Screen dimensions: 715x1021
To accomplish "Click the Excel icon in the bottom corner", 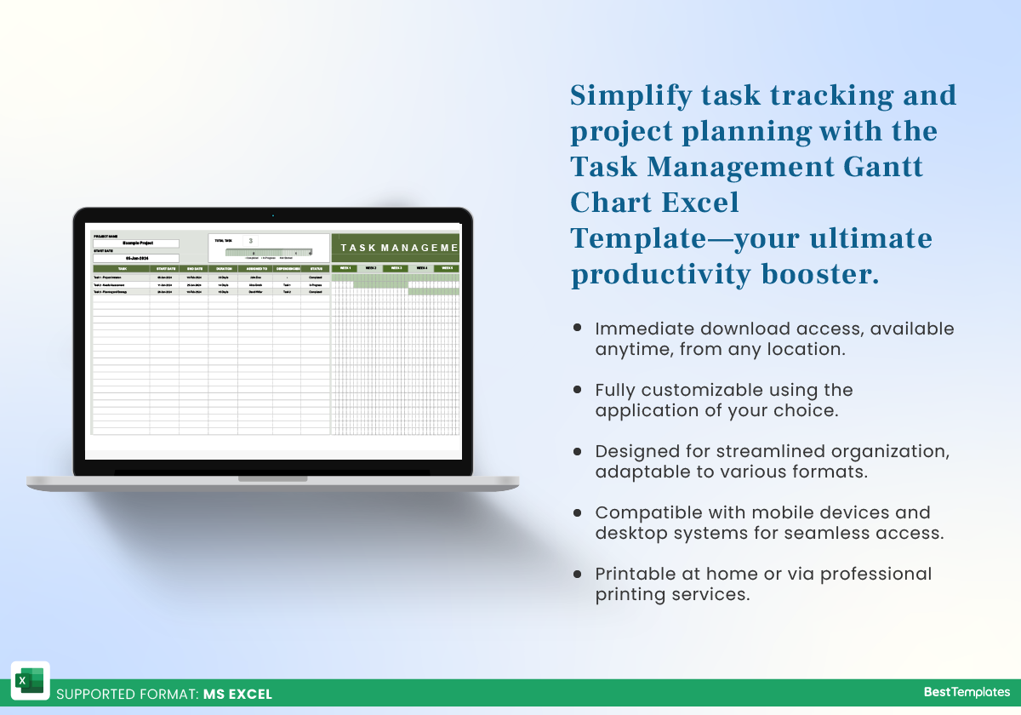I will pyautogui.click(x=30, y=680).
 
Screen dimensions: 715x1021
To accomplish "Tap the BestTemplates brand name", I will pyautogui.click(x=967, y=693).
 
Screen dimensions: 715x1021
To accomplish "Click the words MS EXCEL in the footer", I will pyautogui.click(x=237, y=694).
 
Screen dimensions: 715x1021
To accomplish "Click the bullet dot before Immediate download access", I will pyautogui.click(x=578, y=328).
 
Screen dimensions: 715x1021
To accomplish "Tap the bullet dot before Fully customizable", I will pyautogui.click(x=578, y=389).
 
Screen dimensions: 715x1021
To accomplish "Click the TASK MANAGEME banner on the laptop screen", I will pyautogui.click(x=396, y=248).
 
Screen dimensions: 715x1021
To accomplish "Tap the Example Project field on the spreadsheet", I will pyautogui.click(x=136, y=243).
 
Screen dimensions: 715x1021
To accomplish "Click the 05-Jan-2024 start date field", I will pyautogui.click(x=136, y=258).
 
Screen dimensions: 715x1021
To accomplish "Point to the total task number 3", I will pyautogui.click(x=250, y=242).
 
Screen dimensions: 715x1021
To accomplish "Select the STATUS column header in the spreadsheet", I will pyautogui.click(x=316, y=268).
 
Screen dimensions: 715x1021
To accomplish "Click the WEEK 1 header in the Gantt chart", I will pyautogui.click(x=344, y=268).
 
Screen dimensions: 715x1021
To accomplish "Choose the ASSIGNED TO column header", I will pyautogui.click(x=255, y=268).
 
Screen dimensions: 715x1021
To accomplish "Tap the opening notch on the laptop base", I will pyautogui.click(x=272, y=479).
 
